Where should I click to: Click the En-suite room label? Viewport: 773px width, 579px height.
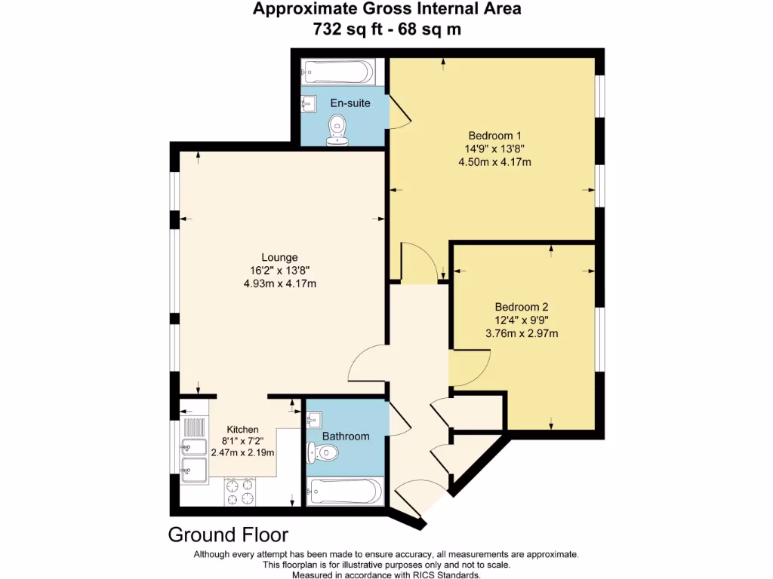coord(350,103)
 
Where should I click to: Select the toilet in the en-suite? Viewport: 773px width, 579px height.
coord(337,129)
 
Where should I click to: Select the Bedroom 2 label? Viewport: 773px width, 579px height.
coord(521,307)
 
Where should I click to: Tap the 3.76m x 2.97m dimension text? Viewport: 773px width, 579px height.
coord(521,333)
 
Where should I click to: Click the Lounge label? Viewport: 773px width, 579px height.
coord(279,257)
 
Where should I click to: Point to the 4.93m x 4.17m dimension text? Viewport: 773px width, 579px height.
coord(279,283)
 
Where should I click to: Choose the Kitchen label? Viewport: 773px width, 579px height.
coord(242,429)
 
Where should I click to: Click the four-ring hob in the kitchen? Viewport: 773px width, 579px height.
coord(241,492)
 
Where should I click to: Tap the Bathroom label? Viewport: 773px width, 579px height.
coord(346,436)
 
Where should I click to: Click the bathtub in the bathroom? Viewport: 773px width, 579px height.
coord(343,492)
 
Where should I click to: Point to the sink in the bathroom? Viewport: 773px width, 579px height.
coord(315,418)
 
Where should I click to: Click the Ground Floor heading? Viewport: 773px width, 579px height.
coord(227,535)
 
